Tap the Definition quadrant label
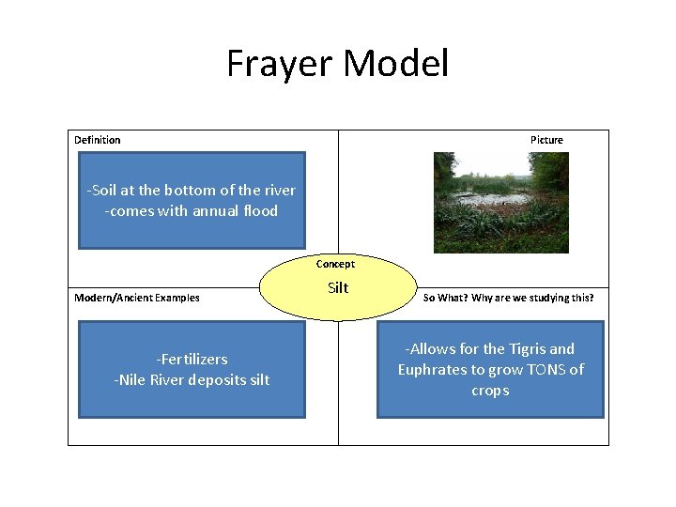click(x=98, y=140)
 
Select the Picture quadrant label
click(x=546, y=140)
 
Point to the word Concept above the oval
click(x=335, y=264)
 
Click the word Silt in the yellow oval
click(x=338, y=288)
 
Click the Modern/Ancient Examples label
click(x=137, y=298)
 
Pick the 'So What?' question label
click(x=508, y=298)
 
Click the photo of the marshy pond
click(x=500, y=202)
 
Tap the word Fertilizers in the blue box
click(x=192, y=359)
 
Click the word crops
click(x=490, y=390)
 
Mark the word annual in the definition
click(x=216, y=210)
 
